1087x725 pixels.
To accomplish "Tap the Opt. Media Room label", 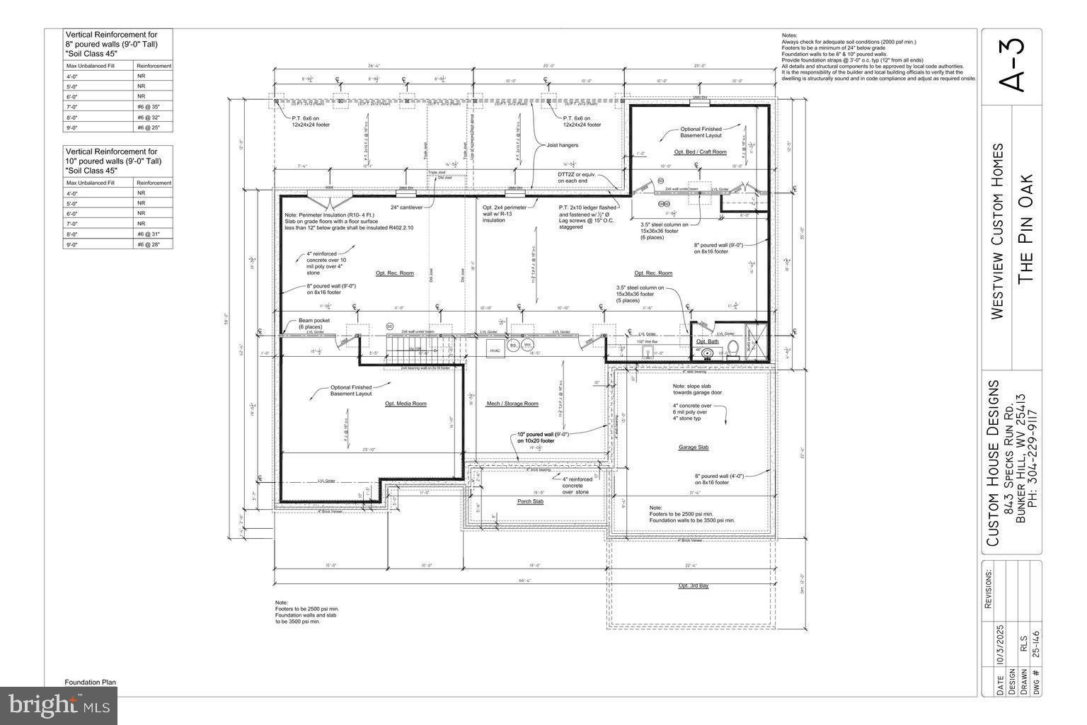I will pyautogui.click(x=406, y=404).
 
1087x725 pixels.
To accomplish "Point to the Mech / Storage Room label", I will pyautogui.click(x=512, y=404).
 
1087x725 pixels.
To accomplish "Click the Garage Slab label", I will pyautogui.click(x=694, y=447).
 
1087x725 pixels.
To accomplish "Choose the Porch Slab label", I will pyautogui.click(x=529, y=501).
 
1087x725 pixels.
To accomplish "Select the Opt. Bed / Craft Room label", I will pyautogui.click(x=700, y=152).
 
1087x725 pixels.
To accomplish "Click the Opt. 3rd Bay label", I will pyautogui.click(x=694, y=586).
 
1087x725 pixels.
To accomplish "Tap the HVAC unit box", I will pyautogui.click(x=495, y=350).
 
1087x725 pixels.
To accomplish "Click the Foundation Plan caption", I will pyautogui.click(x=90, y=683).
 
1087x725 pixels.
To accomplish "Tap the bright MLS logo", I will pyautogui.click(x=59, y=705).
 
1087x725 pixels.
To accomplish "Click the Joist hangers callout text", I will pyautogui.click(x=562, y=145).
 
